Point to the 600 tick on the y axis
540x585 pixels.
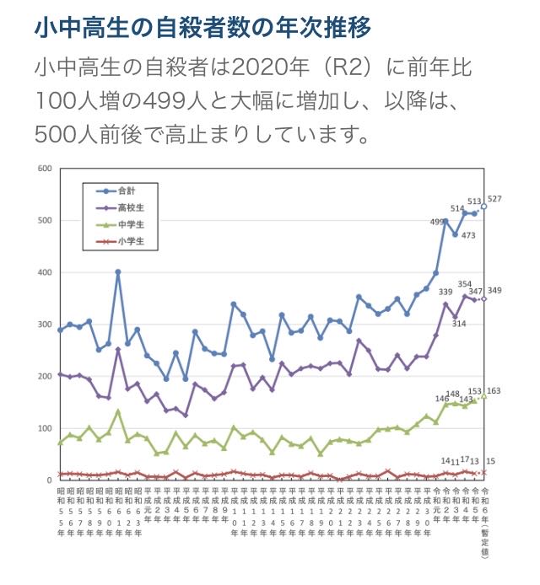(45, 169)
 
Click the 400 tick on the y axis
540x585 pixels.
(45, 272)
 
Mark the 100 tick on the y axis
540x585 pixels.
(45, 428)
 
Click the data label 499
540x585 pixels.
(435, 222)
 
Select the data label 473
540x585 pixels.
(470, 235)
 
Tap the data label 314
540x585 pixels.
(461, 324)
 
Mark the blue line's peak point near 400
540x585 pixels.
(118, 272)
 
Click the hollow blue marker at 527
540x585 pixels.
(483, 206)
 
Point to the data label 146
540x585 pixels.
(443, 397)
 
